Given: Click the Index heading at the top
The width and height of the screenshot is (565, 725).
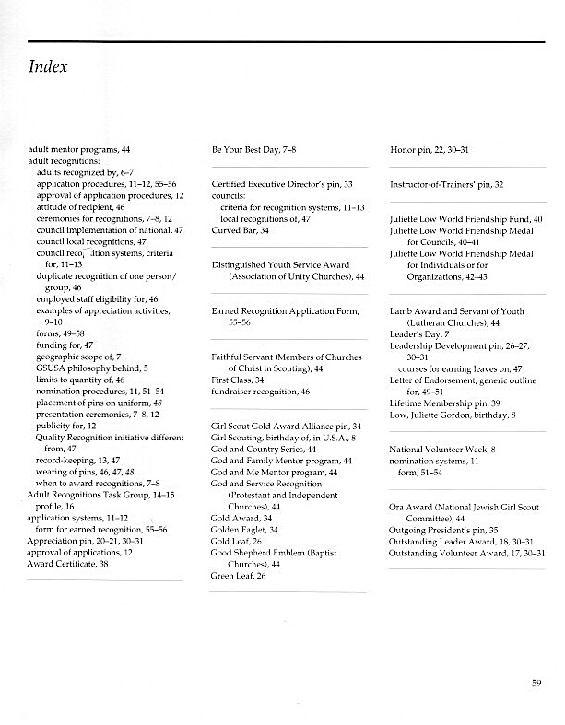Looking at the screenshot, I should (49, 67).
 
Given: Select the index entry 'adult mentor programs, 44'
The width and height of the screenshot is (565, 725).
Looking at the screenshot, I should (79, 147).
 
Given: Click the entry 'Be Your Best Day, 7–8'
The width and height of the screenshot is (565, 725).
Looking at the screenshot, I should (254, 147).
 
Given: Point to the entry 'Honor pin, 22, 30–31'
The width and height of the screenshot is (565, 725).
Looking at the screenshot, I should (430, 147).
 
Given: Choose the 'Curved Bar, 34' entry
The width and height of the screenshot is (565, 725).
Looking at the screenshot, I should (240, 229).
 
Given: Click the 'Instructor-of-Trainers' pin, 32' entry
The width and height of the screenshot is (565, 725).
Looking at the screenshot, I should (446, 184).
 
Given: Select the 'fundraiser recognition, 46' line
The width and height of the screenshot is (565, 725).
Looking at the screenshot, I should (260, 392).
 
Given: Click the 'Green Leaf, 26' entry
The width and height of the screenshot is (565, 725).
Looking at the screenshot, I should (239, 576).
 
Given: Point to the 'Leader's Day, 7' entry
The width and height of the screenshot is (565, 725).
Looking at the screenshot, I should (419, 334).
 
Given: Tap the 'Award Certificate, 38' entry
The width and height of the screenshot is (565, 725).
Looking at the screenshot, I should (69, 564).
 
